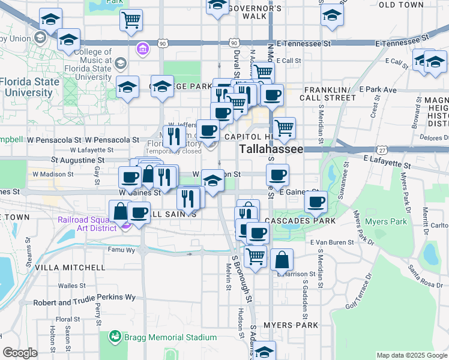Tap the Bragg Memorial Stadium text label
170,337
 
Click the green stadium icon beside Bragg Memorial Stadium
115,337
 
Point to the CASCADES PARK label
296,221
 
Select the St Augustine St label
78,160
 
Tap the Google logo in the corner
19,353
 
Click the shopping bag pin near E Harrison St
282,260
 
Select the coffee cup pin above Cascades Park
315,201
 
